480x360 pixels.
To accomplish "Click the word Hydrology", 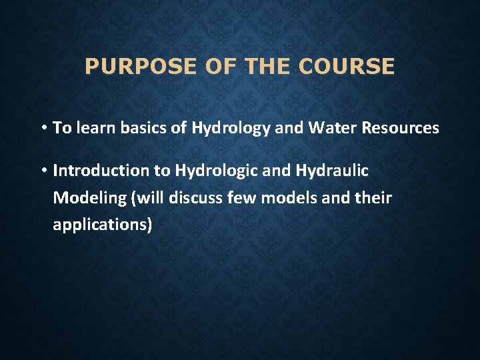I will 231,128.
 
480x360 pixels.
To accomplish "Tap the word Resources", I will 400,128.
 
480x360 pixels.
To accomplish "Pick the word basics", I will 145,128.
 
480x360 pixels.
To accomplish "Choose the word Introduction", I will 101,171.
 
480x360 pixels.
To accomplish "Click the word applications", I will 101,225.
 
